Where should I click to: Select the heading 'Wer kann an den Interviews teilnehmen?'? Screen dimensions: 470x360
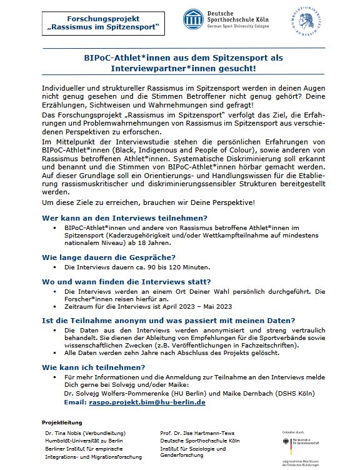[124, 217]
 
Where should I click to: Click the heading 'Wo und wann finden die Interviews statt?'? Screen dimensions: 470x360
[126, 281]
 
